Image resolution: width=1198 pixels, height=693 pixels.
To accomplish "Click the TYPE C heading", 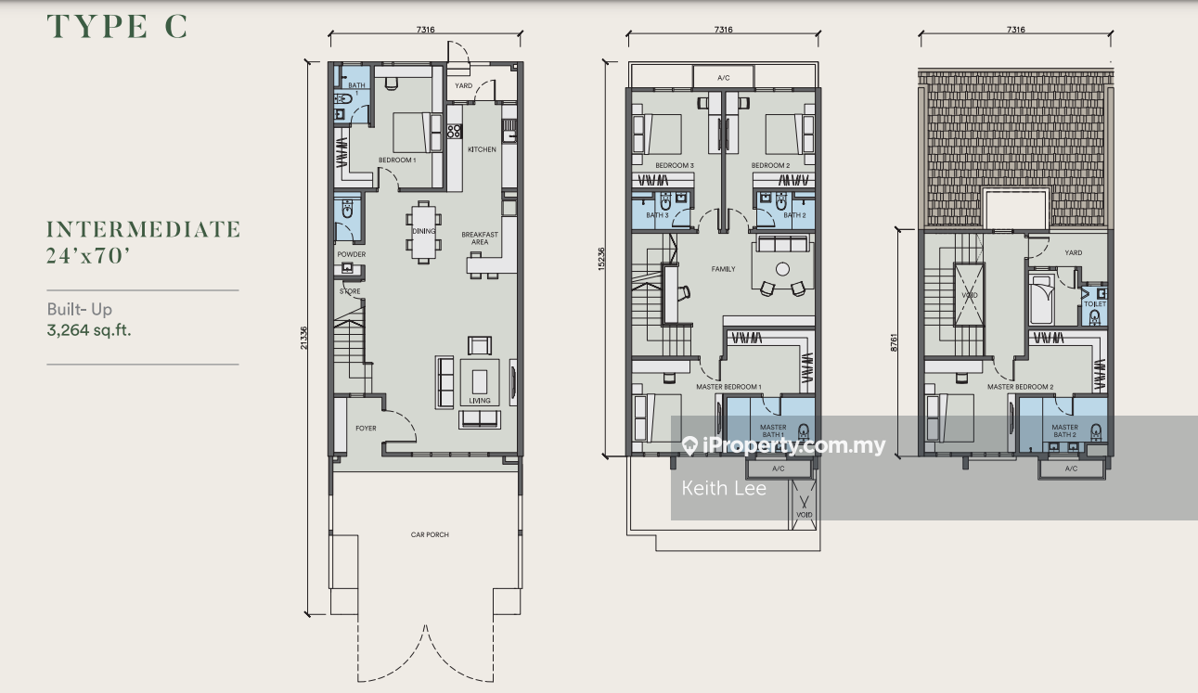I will tap(118, 27).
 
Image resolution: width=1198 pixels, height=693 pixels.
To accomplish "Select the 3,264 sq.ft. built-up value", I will tap(89, 328).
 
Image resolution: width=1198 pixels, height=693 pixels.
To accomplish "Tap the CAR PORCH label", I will tap(430, 535).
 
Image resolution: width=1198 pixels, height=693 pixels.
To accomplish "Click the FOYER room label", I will tap(366, 429).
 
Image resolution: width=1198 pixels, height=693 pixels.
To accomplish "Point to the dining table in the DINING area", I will tap(423, 232).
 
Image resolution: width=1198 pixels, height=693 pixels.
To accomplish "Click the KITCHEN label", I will tap(482, 149).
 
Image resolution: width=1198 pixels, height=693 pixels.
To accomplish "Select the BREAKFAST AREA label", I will tap(480, 238).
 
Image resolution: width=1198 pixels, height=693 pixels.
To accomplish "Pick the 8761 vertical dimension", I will tap(895, 342).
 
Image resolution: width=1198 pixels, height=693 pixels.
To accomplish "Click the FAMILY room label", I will tap(723, 269).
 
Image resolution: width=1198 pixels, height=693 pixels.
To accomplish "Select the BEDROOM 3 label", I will tap(675, 166).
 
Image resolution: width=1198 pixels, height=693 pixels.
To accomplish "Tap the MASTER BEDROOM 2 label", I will tap(1020, 387).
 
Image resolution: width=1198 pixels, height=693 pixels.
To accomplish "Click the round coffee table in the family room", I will tap(782, 269).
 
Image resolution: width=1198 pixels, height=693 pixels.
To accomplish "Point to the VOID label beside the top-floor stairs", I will tap(970, 297).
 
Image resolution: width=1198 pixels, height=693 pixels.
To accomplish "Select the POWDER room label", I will tap(351, 254).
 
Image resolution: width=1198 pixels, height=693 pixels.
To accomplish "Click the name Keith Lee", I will tap(724, 488).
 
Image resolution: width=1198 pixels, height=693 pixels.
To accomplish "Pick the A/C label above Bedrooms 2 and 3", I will tap(723, 78).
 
